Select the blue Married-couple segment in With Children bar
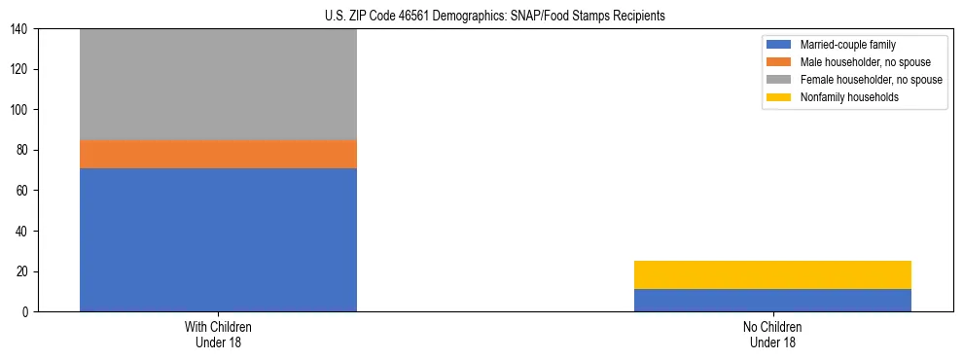pos(218,239)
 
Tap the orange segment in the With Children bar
pos(218,154)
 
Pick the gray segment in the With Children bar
pos(218,85)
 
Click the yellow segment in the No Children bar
pos(772,274)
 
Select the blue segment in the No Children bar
pos(772,300)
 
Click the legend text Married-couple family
pos(848,45)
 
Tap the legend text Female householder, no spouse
pos(871,80)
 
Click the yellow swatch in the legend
pos(779,97)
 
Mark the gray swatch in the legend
pos(779,80)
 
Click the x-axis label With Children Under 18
pos(218,335)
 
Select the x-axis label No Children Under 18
pos(772,335)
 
